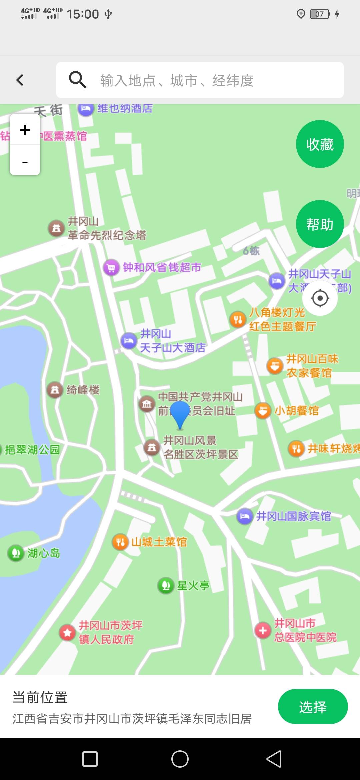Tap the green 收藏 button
pyautogui.click(x=320, y=144)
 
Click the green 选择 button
pyautogui.click(x=313, y=706)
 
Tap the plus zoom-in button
pyautogui.click(x=25, y=130)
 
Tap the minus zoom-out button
pyautogui.click(x=25, y=162)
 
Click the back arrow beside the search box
pyautogui.click(x=20, y=80)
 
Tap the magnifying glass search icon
pyautogui.click(x=77, y=80)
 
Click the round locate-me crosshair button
pyautogui.click(x=320, y=298)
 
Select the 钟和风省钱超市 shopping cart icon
pyautogui.click(x=111, y=268)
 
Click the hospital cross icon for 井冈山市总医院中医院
pyautogui.click(x=263, y=630)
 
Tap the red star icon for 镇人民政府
pyautogui.click(x=67, y=632)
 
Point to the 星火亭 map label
pyautogui.click(x=193, y=585)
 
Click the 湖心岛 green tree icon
pyautogui.click(x=16, y=553)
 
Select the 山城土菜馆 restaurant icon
pyautogui.click(x=120, y=542)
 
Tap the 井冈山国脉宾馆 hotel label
pyautogui.click(x=293, y=516)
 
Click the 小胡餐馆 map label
pyautogui.click(x=296, y=411)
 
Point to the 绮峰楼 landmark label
pyautogui.click(x=83, y=390)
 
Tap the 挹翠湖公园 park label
pyautogui.click(x=32, y=450)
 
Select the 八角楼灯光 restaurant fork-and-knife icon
pyautogui.click(x=238, y=320)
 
